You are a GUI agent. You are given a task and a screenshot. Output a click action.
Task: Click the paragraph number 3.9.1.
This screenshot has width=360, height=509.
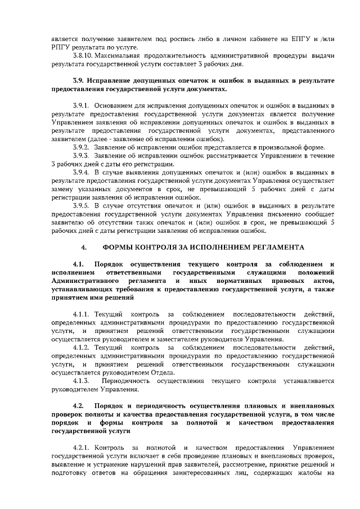pos(82,105)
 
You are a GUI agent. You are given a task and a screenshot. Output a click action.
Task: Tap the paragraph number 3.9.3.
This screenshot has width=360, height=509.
pos(82,155)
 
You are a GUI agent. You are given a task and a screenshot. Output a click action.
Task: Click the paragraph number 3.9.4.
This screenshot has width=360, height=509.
pos(82,172)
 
